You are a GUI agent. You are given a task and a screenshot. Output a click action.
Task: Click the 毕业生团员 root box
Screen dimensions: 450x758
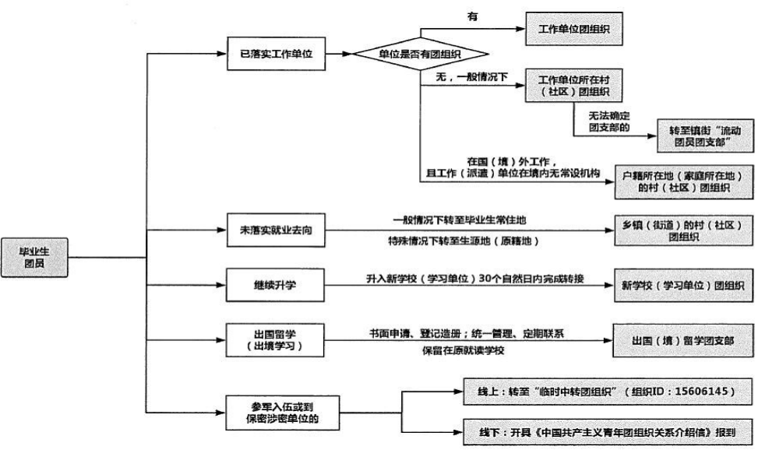click(x=34, y=257)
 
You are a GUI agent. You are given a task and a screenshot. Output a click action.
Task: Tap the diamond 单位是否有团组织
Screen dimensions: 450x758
click(x=421, y=54)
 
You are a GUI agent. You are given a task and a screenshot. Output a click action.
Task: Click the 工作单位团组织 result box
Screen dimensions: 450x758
click(x=574, y=28)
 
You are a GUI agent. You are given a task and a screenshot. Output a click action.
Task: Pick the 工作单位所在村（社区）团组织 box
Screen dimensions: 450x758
click(x=574, y=86)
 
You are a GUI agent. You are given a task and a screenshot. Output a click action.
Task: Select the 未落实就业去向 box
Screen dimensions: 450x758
click(x=274, y=230)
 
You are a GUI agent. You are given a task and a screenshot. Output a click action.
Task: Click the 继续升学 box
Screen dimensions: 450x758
click(x=274, y=285)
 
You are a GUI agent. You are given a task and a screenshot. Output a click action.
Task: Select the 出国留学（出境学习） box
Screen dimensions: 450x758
click(x=274, y=339)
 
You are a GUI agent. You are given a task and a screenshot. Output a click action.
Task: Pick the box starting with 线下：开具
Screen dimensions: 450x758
click(x=607, y=431)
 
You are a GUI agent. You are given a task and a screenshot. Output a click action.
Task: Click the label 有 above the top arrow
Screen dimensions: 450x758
click(x=472, y=16)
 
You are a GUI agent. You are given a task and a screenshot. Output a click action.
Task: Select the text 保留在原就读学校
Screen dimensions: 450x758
click(x=463, y=350)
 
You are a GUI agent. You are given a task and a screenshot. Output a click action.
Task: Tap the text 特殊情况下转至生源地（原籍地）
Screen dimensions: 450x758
click(x=463, y=241)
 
